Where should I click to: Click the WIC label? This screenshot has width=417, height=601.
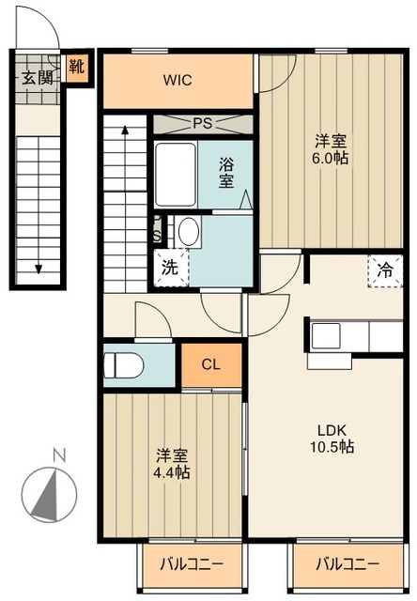178,81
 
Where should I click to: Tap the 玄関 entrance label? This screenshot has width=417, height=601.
37,78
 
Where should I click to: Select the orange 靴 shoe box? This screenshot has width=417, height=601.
77,67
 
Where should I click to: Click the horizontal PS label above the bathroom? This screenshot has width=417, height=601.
202,123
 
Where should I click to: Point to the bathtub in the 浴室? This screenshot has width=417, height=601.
176,176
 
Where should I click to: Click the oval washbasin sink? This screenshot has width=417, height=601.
189,232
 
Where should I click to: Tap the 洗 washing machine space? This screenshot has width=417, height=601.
171,268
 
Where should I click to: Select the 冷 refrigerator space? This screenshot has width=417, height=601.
385,271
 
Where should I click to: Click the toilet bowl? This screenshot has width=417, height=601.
123,365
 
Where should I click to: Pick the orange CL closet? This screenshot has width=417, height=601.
211,364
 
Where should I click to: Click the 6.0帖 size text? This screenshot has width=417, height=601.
331,158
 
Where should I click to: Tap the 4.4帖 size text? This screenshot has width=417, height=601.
171,472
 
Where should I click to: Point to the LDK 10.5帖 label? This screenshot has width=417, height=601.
332,439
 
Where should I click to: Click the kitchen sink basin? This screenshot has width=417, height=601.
326,336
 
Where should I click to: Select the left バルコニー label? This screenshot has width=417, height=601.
192,564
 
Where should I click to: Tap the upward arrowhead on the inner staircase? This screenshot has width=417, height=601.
125,130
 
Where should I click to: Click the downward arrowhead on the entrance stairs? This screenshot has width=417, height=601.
39,270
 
